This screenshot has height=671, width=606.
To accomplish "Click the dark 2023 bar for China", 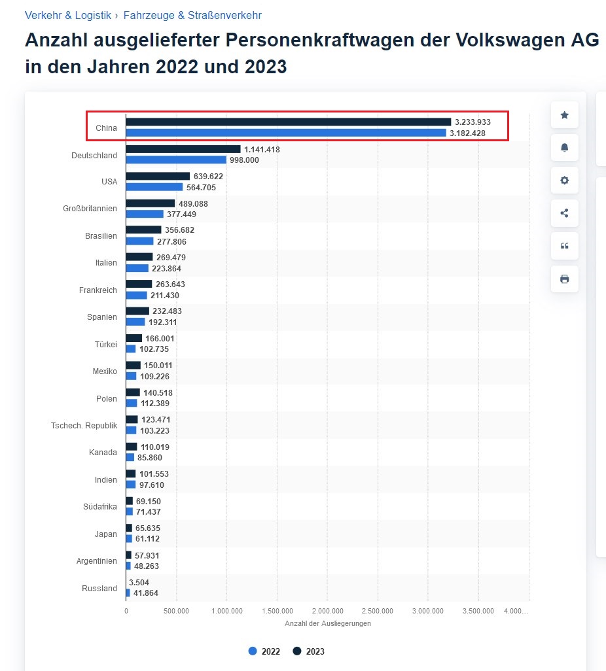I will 288,122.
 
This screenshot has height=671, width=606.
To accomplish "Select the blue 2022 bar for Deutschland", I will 175,160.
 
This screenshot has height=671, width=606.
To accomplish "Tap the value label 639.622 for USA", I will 208,177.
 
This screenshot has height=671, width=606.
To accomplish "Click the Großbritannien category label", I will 94,209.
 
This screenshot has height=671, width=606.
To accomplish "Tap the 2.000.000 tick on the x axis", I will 327,611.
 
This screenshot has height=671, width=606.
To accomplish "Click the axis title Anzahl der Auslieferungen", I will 327,623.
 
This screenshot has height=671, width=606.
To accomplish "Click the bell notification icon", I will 564,148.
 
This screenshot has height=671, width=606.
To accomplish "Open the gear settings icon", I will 564,181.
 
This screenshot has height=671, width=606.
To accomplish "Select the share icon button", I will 564,213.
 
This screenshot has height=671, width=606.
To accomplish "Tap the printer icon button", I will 564,279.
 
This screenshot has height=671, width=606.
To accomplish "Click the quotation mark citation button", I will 564,246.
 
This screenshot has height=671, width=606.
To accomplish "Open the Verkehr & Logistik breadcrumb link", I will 68,15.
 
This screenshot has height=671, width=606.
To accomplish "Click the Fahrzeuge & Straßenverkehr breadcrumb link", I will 192,15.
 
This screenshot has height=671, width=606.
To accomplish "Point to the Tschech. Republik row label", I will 84,425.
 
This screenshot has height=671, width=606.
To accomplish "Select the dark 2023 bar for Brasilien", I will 143,230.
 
